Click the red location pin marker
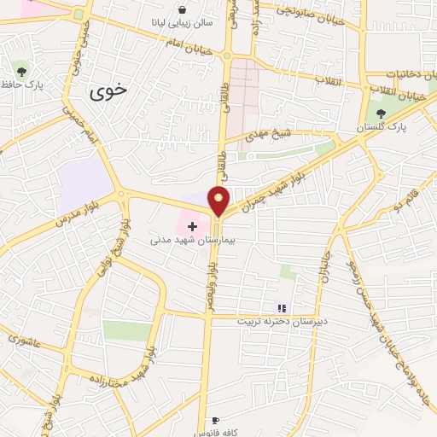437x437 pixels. point(219,200)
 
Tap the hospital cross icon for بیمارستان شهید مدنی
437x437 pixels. point(192,227)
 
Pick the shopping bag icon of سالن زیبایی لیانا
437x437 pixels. point(183,10)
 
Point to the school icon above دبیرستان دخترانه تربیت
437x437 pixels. point(282,308)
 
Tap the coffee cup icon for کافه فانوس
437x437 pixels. point(216,421)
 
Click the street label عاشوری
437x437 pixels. point(24,340)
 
